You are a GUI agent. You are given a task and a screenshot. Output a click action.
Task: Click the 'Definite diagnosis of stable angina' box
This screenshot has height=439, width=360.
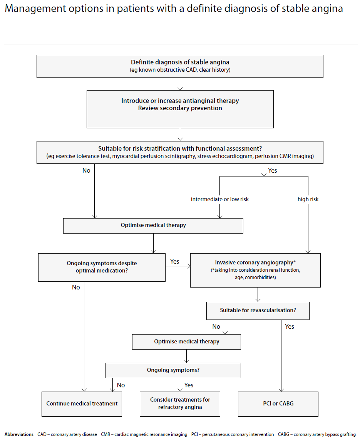tap(180, 66)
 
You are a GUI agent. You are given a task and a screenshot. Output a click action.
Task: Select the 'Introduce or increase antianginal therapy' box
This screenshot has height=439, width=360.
tap(180, 109)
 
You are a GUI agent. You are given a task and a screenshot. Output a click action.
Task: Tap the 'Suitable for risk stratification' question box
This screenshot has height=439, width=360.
tap(180, 152)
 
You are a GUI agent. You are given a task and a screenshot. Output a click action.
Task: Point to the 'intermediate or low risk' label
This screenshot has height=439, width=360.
tap(220, 199)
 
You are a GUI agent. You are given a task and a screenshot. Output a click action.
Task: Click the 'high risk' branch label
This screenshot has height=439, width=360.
tap(308, 199)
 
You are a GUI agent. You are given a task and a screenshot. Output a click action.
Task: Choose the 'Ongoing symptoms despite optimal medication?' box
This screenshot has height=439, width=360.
tap(102, 267)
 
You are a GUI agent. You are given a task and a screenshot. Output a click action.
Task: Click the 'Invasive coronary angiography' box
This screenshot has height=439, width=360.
tap(255, 270)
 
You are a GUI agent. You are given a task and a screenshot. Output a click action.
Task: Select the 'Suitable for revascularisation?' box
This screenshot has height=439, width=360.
tap(258, 310)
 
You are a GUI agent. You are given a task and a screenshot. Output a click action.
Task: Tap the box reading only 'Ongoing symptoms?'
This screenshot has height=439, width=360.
tap(173, 370)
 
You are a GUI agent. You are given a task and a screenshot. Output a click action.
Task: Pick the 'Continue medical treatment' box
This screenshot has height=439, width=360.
tap(82, 404)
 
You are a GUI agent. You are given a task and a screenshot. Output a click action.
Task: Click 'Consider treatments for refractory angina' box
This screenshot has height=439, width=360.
tap(180, 404)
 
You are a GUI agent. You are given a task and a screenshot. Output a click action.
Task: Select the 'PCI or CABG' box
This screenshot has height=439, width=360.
tap(278, 404)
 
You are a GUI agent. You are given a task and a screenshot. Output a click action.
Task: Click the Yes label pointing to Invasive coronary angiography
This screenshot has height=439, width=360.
tap(175, 261)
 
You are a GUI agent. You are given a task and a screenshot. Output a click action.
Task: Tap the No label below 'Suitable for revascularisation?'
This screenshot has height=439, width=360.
tap(216, 327)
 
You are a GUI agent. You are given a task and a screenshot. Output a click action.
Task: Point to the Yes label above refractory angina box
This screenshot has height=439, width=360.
tap(189, 385)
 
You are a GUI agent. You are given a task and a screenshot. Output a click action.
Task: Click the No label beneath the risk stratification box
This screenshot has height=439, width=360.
tap(86, 170)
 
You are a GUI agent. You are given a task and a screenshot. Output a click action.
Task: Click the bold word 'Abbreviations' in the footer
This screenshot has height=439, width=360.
tap(19, 434)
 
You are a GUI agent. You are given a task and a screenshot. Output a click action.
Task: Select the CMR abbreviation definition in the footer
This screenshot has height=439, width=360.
tap(144, 434)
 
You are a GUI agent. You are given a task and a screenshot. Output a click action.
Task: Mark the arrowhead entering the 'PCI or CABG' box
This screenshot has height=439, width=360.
tap(281, 390)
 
